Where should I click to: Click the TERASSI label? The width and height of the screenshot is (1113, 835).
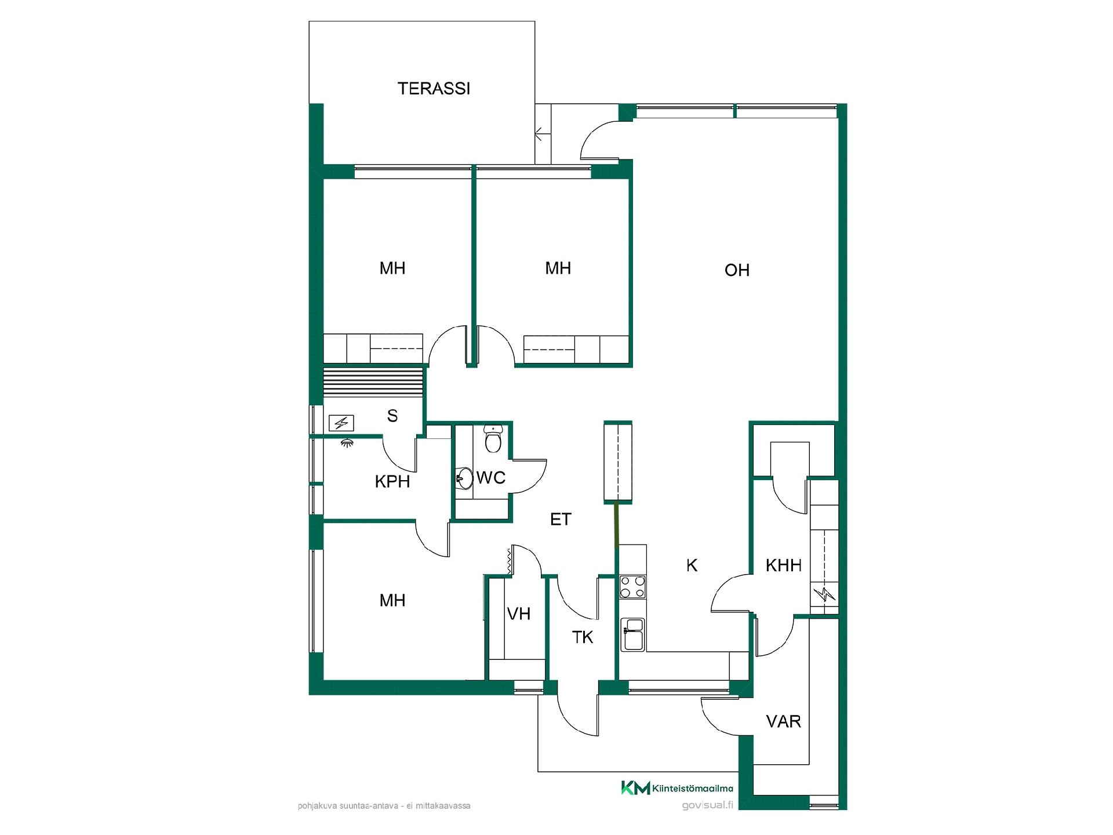pyautogui.click(x=434, y=89)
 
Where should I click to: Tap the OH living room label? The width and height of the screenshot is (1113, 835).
pyautogui.click(x=737, y=270)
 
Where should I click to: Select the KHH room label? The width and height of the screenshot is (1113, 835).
pyautogui.click(x=783, y=565)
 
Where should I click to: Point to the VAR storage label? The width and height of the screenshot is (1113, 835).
pyautogui.click(x=783, y=721)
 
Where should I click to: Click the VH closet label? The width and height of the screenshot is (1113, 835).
pyautogui.click(x=518, y=613)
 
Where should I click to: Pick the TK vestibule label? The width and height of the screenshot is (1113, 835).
pyautogui.click(x=583, y=637)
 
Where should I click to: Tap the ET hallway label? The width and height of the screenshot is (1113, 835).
pyautogui.click(x=561, y=520)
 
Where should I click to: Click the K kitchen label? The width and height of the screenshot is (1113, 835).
pyautogui.click(x=692, y=565)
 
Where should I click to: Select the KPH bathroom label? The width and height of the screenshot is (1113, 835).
pyautogui.click(x=392, y=481)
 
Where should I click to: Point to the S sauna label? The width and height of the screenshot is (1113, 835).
pyautogui.click(x=392, y=416)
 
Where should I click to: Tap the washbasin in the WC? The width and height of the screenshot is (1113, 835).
pyautogui.click(x=464, y=479)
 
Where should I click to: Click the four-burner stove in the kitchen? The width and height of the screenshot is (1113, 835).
pyautogui.click(x=632, y=586)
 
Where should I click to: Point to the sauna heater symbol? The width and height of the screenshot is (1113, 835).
pyautogui.click(x=341, y=423)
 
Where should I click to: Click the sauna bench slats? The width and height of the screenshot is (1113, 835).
pyautogui.click(x=373, y=382)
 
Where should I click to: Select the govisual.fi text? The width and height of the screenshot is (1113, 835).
pyautogui.click(x=708, y=805)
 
